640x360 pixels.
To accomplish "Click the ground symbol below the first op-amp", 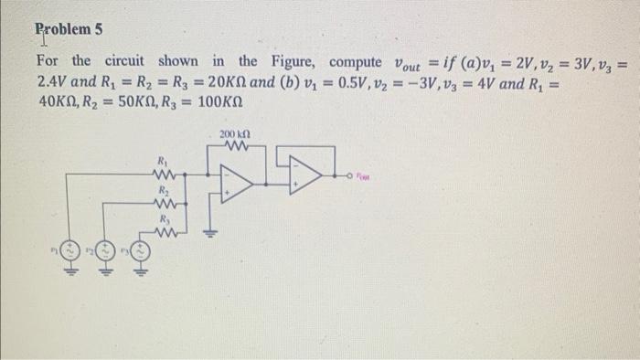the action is (x=216, y=231).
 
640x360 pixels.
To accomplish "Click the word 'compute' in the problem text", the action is (x=357, y=62).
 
